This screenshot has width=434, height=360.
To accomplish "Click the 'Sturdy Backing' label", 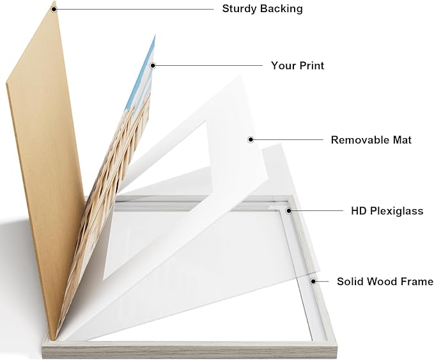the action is [263, 9].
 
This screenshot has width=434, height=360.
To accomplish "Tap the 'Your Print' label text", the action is [298, 66].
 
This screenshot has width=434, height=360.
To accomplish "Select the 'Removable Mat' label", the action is [371, 140].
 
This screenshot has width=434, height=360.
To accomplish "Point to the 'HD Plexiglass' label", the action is [387, 211].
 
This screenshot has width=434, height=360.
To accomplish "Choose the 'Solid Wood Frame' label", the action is [385, 281].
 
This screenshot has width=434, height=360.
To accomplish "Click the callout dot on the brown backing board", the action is [54, 9].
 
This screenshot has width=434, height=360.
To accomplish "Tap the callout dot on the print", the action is [153, 66].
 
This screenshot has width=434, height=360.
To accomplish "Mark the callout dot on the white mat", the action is [251, 139].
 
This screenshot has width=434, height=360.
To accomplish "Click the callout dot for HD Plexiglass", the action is [289, 211].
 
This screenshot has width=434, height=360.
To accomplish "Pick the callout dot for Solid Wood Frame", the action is [313, 281].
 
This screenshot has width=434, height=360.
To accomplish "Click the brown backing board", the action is [44, 166].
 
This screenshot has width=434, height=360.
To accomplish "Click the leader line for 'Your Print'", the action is [209, 66].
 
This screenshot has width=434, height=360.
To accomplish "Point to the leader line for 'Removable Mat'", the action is [288, 139].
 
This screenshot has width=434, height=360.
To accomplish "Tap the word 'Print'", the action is [312, 66].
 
